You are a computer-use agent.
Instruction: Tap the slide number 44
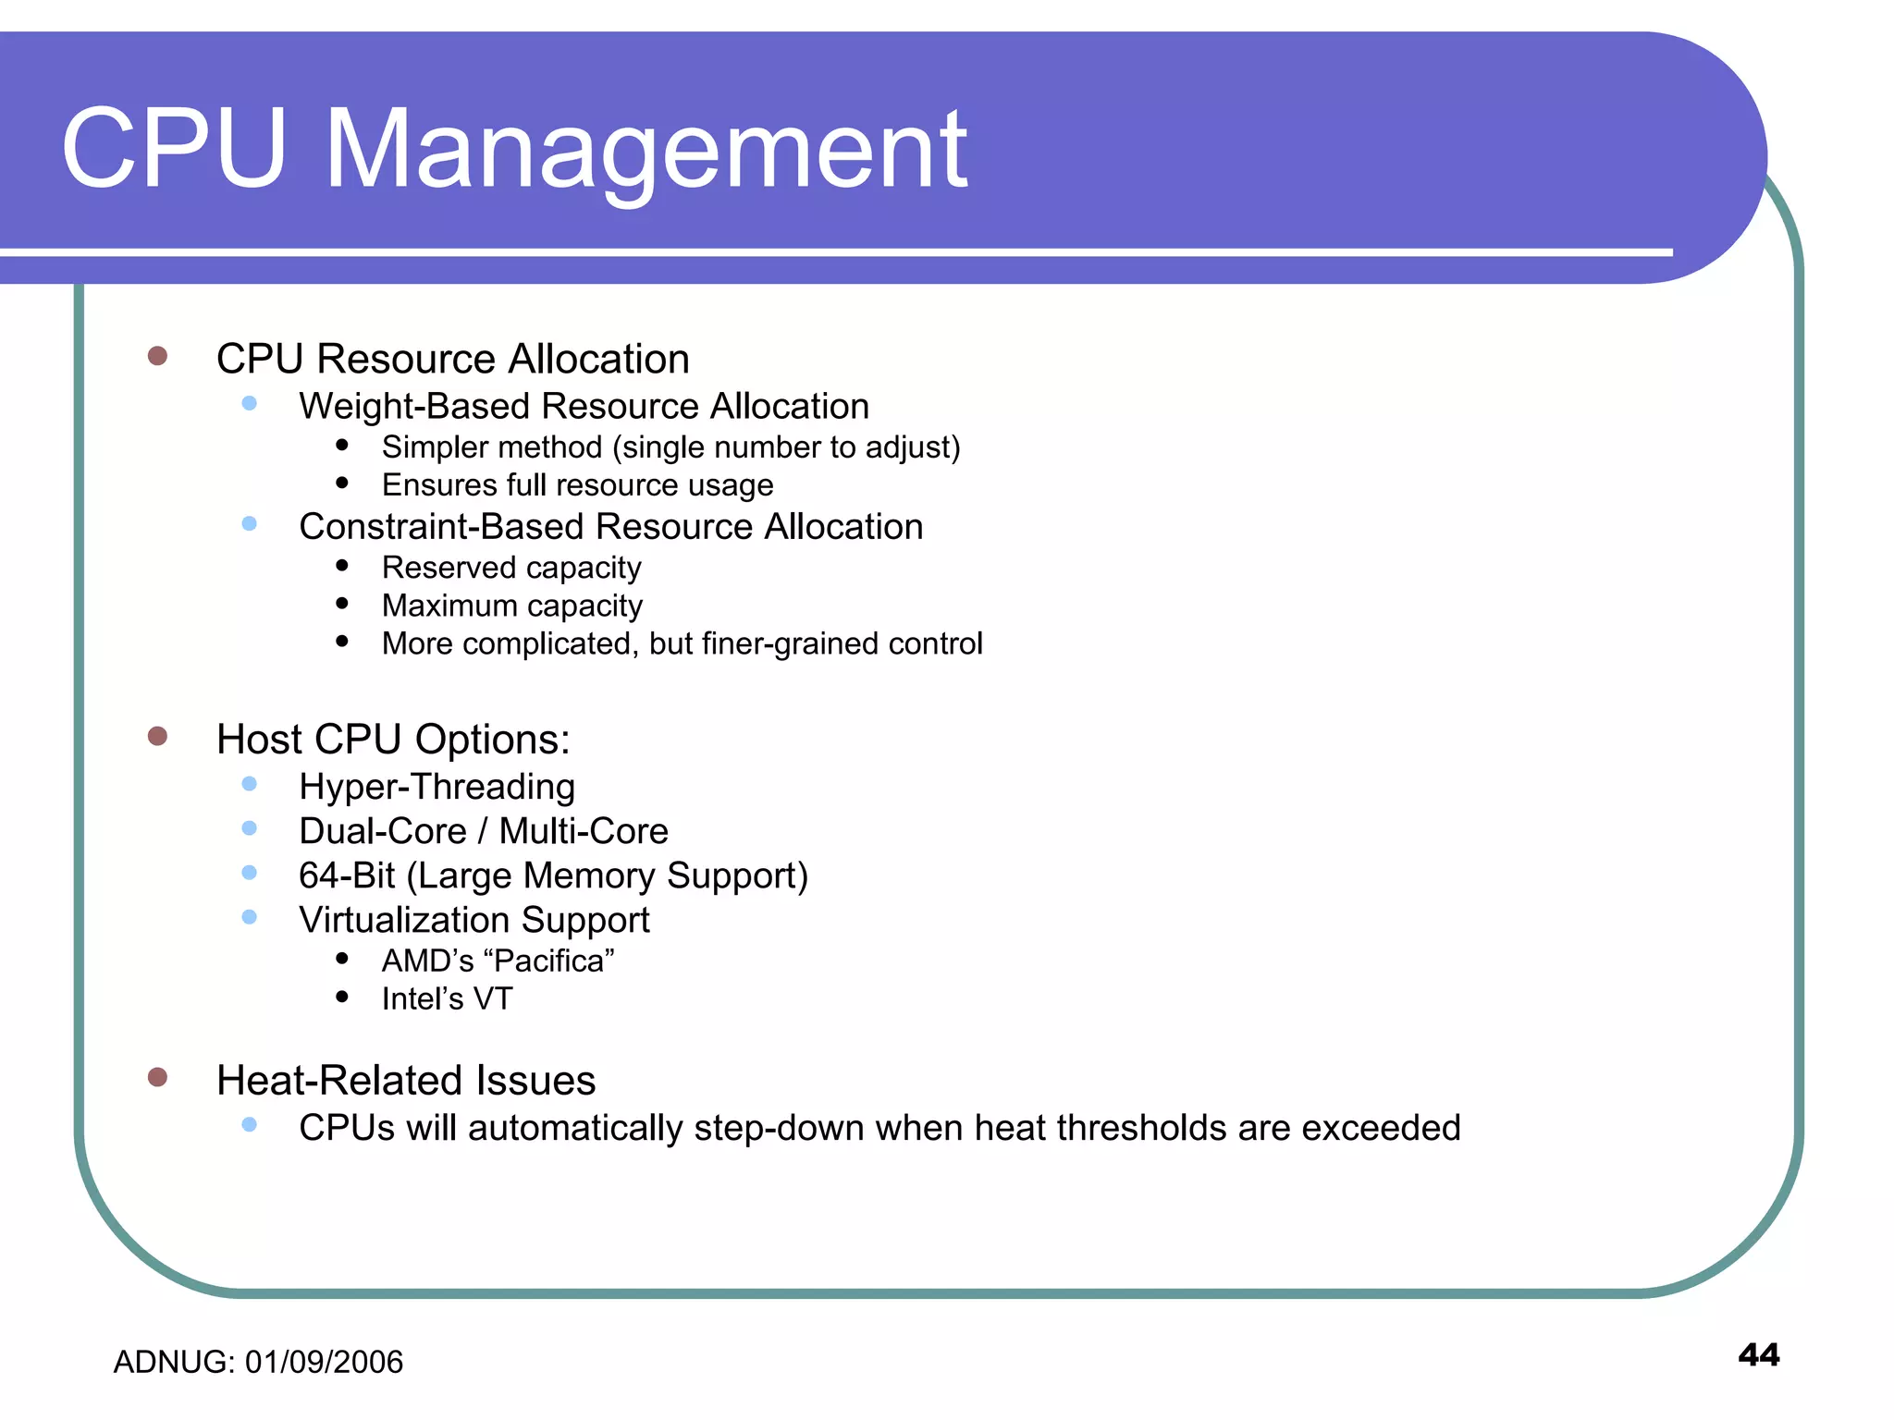[1758, 1355]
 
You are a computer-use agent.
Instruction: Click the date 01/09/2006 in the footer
[324, 1363]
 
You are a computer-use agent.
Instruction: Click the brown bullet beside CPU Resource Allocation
[157, 356]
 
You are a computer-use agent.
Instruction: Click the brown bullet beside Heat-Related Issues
[157, 1077]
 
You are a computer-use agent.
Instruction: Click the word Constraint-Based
[441, 527]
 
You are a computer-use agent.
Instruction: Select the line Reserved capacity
[510, 568]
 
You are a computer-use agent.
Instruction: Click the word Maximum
[449, 606]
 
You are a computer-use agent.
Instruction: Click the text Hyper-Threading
[437, 787]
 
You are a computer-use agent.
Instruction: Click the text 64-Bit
[347, 875]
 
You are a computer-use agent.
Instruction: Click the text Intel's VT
[447, 999]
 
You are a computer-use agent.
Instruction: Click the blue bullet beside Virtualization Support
[249, 917]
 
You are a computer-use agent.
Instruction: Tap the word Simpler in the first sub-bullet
[428, 447]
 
